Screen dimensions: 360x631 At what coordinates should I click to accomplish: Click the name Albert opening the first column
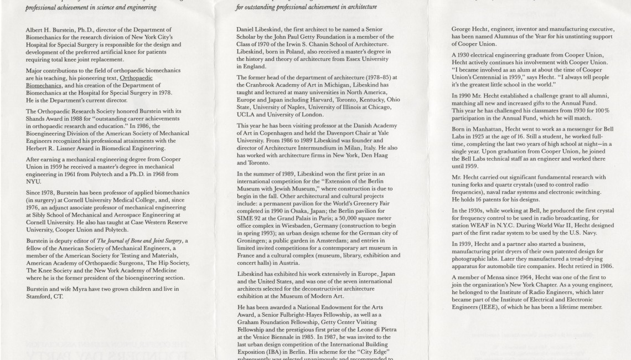tap(34, 29)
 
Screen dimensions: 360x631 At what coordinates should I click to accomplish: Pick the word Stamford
tap(40, 296)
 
